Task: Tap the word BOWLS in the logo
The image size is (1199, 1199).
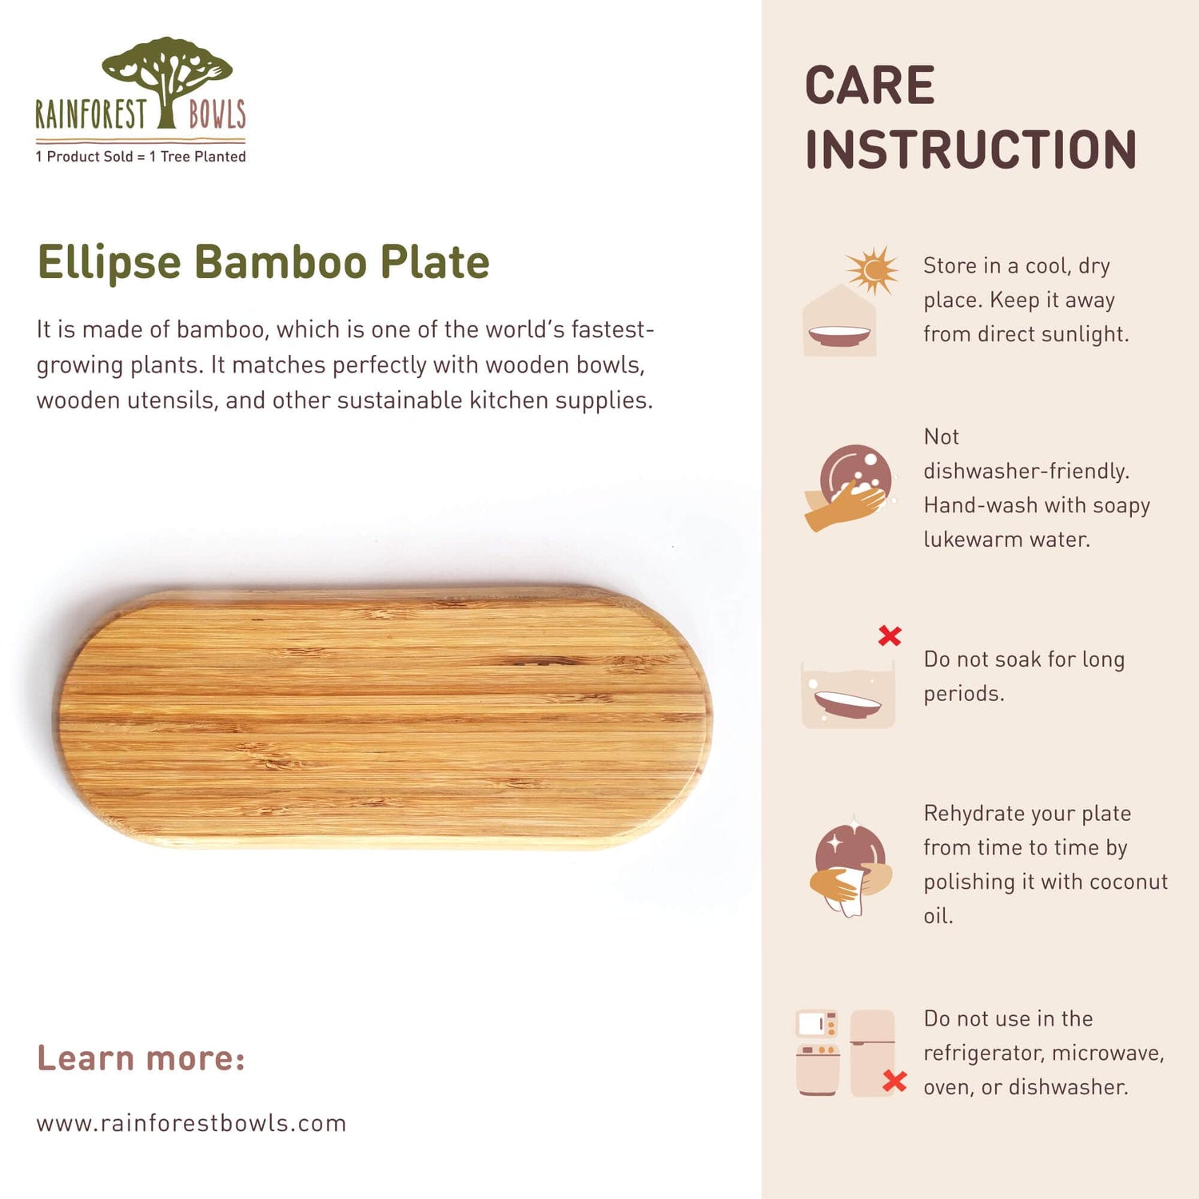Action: (217, 114)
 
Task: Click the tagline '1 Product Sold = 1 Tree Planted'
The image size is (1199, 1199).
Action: (141, 157)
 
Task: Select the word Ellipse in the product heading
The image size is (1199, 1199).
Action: (110, 262)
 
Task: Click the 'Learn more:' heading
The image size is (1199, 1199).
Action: (141, 1058)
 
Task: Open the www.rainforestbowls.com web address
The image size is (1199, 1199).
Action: (191, 1123)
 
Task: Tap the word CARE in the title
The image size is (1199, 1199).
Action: (870, 86)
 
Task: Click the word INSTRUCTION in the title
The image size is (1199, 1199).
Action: (970, 149)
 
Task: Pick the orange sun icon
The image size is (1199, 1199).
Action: (872, 270)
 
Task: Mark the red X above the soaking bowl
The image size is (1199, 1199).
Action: (890, 636)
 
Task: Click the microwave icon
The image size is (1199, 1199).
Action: (817, 1024)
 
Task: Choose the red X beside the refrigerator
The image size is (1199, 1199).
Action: (894, 1081)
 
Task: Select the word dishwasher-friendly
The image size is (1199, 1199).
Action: (1026, 471)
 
